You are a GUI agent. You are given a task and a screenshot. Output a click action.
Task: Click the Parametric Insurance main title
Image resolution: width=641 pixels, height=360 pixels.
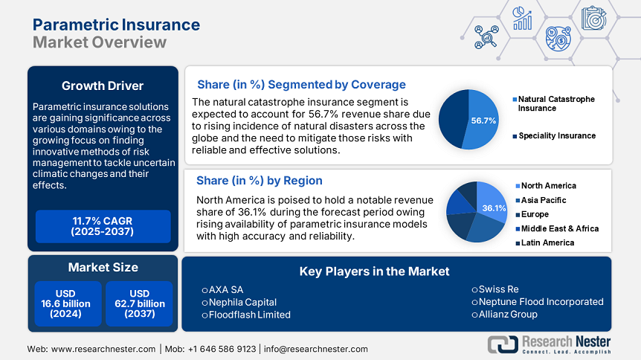tap(116, 25)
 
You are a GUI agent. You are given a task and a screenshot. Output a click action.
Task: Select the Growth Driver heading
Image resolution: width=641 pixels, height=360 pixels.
tap(103, 85)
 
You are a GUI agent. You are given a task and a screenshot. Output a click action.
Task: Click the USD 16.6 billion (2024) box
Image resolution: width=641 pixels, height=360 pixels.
tap(66, 303)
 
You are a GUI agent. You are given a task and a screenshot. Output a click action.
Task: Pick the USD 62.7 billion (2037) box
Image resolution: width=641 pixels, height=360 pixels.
tap(139, 303)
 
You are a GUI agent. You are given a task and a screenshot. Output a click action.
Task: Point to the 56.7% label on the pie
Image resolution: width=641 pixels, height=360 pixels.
tap(483, 120)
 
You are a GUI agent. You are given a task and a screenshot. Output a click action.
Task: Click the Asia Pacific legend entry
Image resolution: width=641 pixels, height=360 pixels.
tap(543, 200)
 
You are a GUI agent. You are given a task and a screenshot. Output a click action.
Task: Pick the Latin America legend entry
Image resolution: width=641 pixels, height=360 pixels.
tap(547, 242)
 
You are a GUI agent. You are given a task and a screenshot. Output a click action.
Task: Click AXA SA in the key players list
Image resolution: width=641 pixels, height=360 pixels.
tap(226, 289)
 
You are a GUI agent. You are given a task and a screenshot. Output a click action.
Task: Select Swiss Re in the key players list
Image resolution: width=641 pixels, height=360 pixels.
tap(500, 289)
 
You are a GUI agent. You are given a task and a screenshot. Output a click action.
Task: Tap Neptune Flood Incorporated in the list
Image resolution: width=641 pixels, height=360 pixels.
tap(541, 302)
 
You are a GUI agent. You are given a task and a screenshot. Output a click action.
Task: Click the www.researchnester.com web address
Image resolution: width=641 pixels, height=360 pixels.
tap(103, 349)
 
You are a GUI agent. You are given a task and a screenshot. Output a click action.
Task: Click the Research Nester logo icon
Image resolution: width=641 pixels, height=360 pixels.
tap(503, 344)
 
